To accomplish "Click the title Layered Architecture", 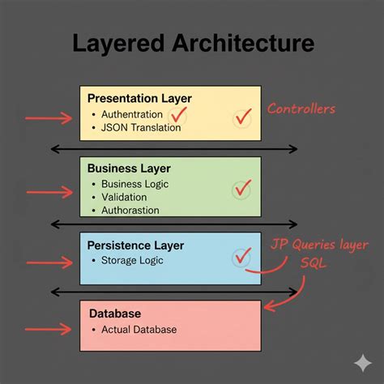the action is [194, 44].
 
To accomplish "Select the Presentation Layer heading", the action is [139, 99].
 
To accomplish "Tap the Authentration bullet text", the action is [132, 114].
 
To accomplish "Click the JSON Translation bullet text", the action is [141, 127].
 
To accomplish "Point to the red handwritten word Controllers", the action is [301, 109].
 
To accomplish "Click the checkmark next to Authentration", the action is [178, 115].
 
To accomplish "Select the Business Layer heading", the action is [129, 169].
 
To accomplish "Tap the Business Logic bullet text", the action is [134, 184].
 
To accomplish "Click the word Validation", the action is [124, 197].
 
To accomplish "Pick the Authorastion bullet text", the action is [130, 211].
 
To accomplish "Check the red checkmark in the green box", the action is [242, 188].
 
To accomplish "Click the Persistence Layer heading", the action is [135, 245].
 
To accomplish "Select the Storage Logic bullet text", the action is [132, 261].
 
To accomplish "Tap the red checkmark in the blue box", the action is [242, 257].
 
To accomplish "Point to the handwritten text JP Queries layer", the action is [319, 245].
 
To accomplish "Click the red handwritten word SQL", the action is [314, 262].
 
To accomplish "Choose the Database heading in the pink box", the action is [115, 314].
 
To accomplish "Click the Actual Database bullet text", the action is [139, 330].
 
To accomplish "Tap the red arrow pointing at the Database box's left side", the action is [49, 329].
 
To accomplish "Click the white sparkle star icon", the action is [363, 363].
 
